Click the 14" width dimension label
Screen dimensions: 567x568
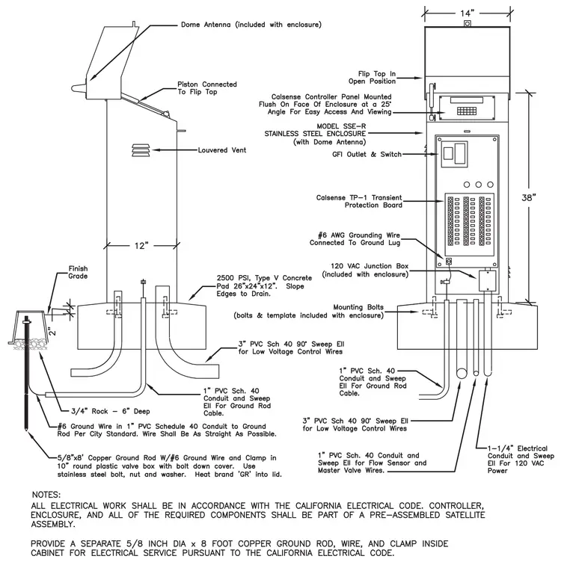coord(468,13)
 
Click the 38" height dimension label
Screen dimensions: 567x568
coord(529,198)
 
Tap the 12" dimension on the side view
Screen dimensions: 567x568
coord(141,246)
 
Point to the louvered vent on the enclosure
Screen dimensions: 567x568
coord(141,150)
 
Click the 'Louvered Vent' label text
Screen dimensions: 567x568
coord(222,150)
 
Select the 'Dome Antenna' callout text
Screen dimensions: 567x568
coord(206,25)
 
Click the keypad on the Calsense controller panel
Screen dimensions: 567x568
coord(467,111)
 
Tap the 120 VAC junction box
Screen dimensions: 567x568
coord(487,280)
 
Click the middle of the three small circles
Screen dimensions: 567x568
coord(479,185)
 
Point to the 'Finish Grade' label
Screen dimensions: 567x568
coord(78,272)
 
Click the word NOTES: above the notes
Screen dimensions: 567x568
coord(46,495)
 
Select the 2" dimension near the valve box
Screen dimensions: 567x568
coord(52,331)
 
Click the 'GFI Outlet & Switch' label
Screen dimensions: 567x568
coord(367,154)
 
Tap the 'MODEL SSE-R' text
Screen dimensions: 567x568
coord(341,126)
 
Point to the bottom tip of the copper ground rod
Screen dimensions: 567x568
coord(26,430)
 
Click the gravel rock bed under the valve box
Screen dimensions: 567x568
coord(30,343)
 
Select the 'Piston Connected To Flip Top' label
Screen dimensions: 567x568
coord(207,88)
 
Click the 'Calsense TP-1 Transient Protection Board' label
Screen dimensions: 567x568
coord(359,201)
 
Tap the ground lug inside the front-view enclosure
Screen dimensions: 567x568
coord(449,261)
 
